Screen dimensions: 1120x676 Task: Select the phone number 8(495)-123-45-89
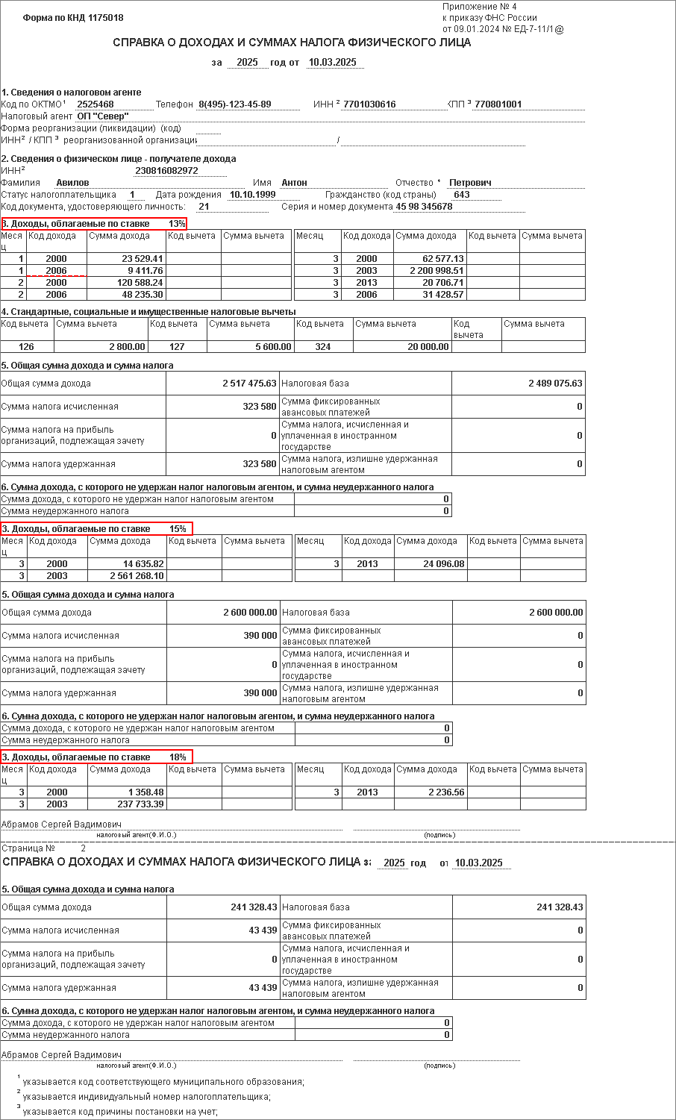pos(234,104)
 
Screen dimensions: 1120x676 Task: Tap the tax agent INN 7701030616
pos(369,104)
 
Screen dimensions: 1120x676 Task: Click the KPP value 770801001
pos(498,104)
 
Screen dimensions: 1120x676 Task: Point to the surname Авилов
pos(72,183)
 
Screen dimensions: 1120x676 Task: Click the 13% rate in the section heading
pos(177,224)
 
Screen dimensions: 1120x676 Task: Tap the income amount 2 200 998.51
pos(436,271)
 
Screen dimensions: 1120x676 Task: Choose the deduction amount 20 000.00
pos(425,346)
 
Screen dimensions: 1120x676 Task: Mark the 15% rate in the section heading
pos(178,529)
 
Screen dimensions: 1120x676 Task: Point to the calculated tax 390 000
pos(260,636)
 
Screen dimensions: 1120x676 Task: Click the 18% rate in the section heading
pos(178,757)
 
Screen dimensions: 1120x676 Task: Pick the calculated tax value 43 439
pos(263,930)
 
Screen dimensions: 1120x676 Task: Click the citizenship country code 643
pos(462,195)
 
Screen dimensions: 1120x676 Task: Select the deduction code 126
pos(26,346)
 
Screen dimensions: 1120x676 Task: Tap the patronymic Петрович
pos(470,183)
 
